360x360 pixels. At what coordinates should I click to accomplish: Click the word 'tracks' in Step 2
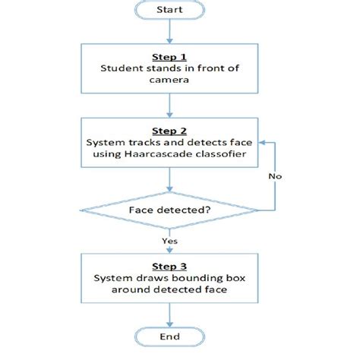click(x=140, y=142)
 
